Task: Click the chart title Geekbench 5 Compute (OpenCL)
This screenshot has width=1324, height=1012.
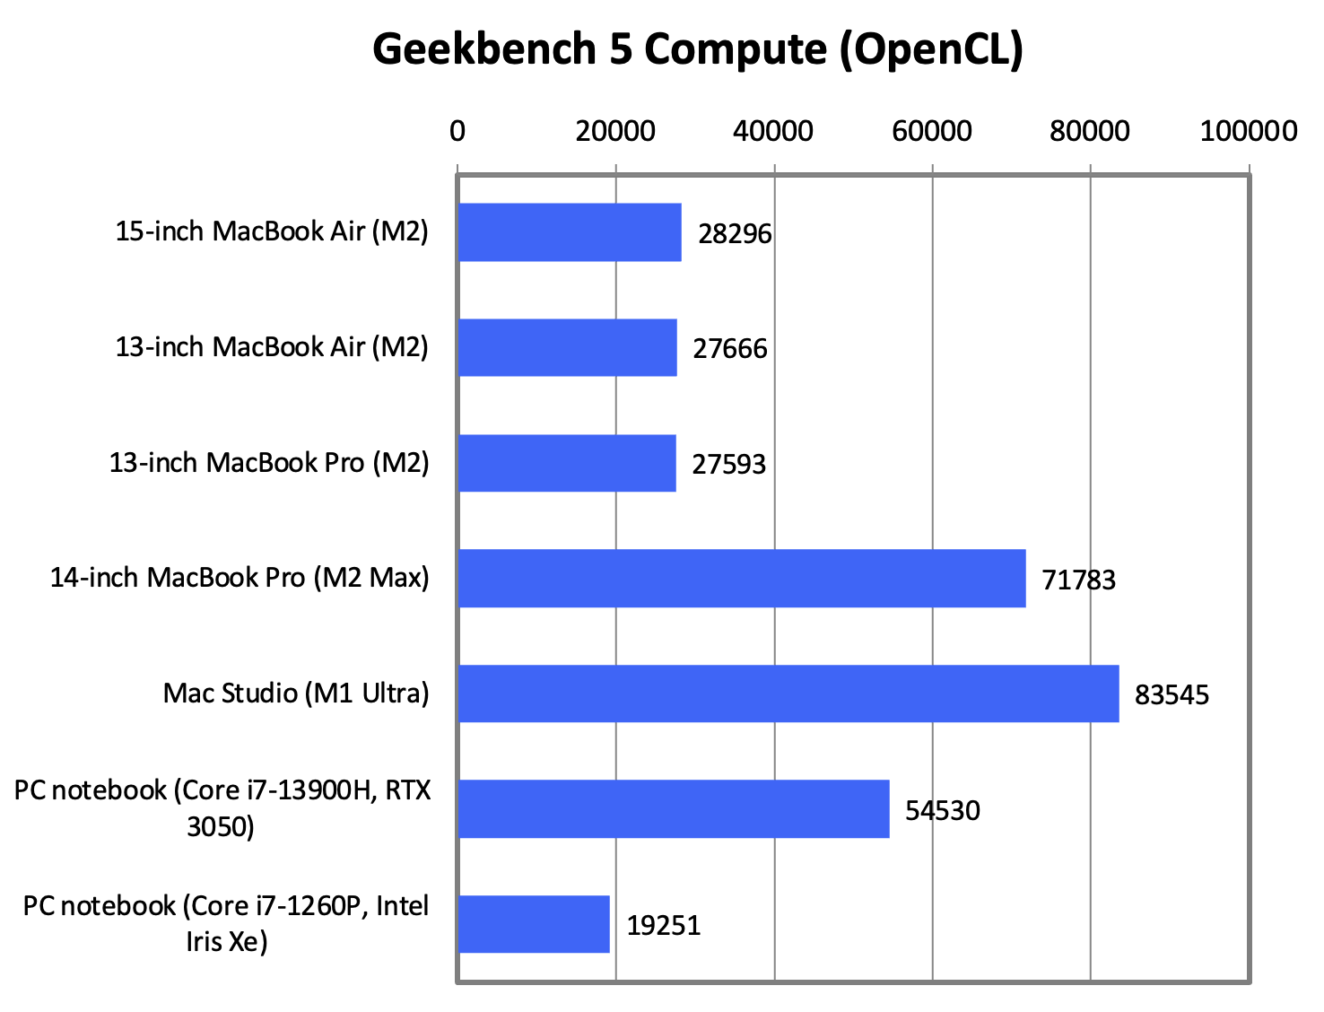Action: pos(698,49)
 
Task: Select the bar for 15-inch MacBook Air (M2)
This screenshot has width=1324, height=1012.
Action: pos(570,232)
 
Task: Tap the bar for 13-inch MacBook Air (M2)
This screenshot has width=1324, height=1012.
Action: pos(567,347)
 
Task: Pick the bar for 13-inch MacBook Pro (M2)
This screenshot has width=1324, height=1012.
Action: pos(567,463)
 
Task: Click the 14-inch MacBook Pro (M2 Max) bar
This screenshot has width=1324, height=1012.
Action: pos(742,579)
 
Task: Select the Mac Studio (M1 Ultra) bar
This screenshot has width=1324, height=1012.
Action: pos(788,694)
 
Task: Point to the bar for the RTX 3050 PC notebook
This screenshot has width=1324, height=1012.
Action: pos(674,808)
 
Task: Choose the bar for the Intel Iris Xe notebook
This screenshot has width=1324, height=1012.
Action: pos(534,924)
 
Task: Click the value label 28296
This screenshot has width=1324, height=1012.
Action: pos(735,234)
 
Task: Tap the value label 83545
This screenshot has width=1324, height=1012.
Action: pos(1172,695)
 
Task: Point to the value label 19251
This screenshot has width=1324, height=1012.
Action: pos(663,925)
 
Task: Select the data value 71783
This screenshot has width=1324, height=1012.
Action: pos(1078,580)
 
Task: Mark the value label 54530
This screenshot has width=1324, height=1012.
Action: pos(942,810)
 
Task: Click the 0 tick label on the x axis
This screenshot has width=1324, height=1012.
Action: pos(457,131)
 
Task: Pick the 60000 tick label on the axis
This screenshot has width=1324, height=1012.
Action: pos(932,131)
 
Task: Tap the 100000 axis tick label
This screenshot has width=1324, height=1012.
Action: pos(1249,131)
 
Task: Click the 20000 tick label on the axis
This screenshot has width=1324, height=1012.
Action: pos(615,131)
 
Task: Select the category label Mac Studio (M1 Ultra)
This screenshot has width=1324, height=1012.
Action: pos(296,694)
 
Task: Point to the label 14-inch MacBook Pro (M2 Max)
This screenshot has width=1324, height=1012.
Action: pos(240,578)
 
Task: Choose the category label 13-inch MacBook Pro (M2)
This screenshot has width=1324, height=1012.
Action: pos(269,463)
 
